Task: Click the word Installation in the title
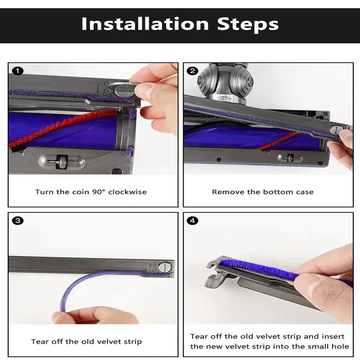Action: (145, 23)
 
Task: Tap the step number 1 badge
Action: (18, 71)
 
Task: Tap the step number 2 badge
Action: (193, 71)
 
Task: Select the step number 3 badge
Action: (18, 220)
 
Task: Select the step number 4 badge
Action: (193, 220)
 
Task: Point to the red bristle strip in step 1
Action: (67, 128)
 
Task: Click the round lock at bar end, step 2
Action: (335, 130)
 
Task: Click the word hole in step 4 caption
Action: (341, 346)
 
